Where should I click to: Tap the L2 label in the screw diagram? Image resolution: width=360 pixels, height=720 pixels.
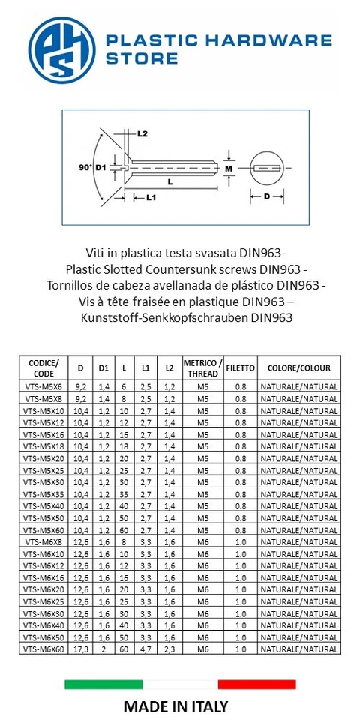(x=142, y=133)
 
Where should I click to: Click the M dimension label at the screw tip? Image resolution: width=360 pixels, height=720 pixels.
(x=229, y=169)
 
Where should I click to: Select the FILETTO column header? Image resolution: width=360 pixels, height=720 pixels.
(x=241, y=368)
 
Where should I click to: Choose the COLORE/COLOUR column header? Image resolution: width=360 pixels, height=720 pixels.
(x=298, y=368)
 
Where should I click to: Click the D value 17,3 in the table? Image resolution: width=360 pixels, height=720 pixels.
(x=81, y=649)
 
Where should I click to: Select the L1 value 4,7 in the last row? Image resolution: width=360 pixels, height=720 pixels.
(x=146, y=649)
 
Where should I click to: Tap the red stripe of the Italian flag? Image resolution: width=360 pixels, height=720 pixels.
(x=256, y=684)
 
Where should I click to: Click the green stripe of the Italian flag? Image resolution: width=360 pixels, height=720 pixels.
(x=103, y=684)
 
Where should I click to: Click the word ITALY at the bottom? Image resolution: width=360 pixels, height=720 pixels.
(x=208, y=706)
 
